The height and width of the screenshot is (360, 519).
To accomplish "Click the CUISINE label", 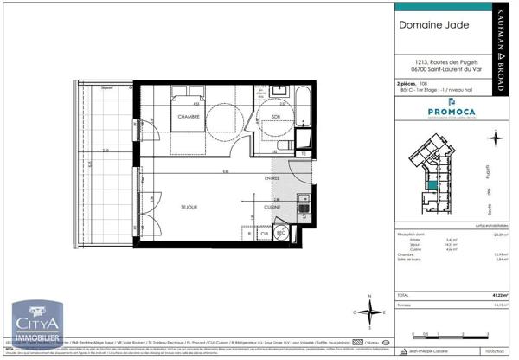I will click(x=273, y=208).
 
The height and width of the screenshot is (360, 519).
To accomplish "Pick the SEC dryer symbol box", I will click(x=281, y=233).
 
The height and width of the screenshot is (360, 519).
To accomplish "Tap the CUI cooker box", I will click(x=265, y=233).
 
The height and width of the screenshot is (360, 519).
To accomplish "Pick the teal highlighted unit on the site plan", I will click(x=430, y=184).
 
